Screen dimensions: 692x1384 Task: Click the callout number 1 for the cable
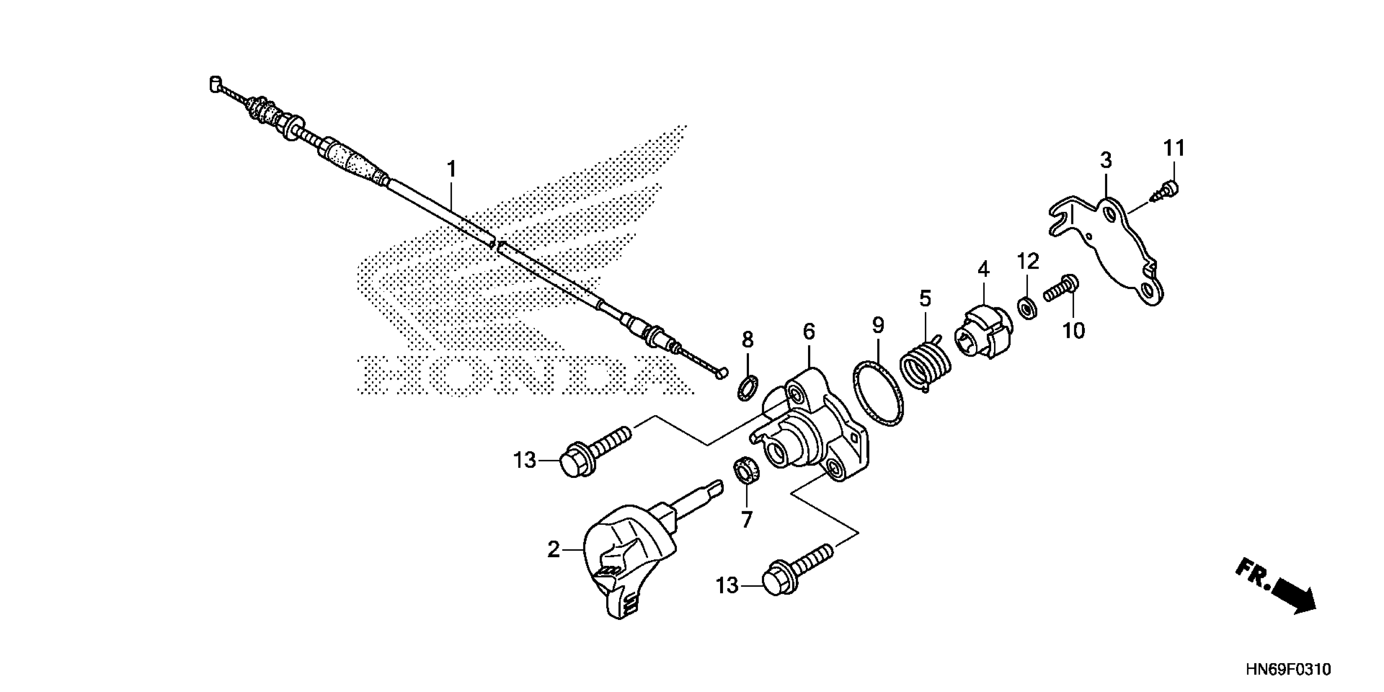click(x=451, y=169)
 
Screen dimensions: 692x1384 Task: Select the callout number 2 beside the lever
click(x=553, y=550)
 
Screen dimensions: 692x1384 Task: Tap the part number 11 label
click(x=1174, y=148)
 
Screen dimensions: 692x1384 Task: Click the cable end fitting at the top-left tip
click(x=215, y=84)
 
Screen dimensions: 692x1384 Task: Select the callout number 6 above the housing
click(x=809, y=331)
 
